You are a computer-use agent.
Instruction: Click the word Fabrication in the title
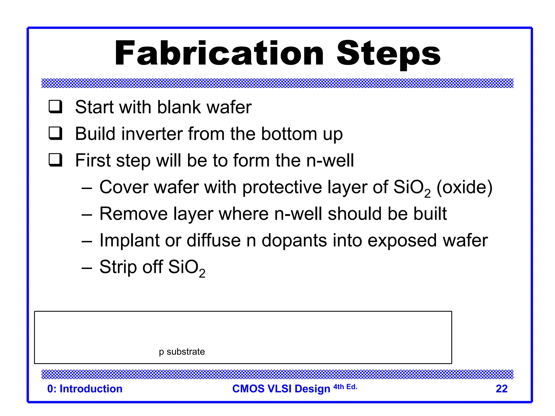pyautogui.click(x=219, y=53)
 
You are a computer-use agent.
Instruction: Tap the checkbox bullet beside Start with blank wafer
pyautogui.click(x=56, y=107)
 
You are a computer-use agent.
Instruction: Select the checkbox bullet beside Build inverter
pyautogui.click(x=56, y=133)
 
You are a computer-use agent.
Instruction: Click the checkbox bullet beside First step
pyautogui.click(x=56, y=160)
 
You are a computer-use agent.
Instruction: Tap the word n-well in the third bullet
pyautogui.click(x=330, y=160)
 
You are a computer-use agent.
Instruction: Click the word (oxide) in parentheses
pyautogui.click(x=464, y=187)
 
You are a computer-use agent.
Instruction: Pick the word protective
pyautogui.click(x=282, y=187)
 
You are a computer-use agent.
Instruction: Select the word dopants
pyautogui.click(x=294, y=240)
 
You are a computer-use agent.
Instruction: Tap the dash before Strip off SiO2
pyautogui.click(x=87, y=268)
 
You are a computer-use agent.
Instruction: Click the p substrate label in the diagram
pyautogui.click(x=182, y=352)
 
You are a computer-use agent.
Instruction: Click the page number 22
pyautogui.click(x=501, y=389)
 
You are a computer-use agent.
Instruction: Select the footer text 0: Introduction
pyautogui.click(x=85, y=389)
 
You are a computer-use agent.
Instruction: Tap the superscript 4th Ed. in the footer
pyautogui.click(x=345, y=387)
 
